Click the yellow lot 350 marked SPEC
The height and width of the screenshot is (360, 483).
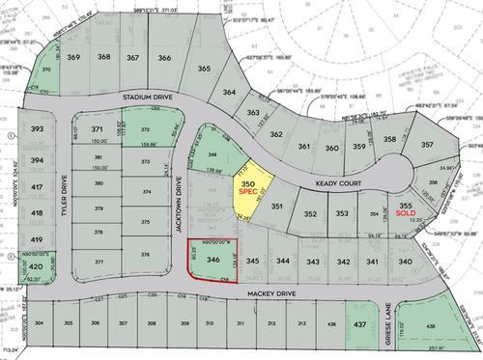tap(247, 187)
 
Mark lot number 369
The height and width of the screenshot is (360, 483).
tap(74, 58)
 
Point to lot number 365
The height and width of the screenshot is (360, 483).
tap(204, 69)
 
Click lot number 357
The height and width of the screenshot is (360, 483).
tap(427, 146)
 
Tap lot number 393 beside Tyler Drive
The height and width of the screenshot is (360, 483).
tap(37, 129)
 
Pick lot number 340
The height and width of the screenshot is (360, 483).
tap(406, 262)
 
